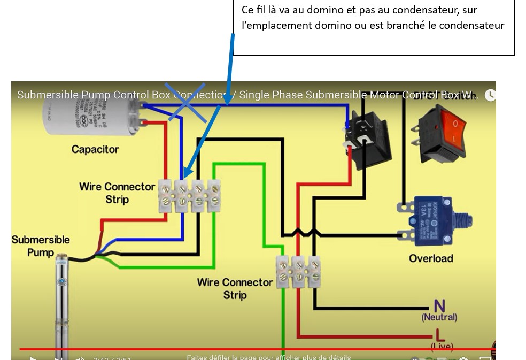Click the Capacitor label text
click(x=95, y=149)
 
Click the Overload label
click(x=431, y=258)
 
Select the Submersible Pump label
click(x=41, y=246)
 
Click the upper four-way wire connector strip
click(x=190, y=196)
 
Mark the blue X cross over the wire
click(x=185, y=102)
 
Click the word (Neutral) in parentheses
click(x=439, y=317)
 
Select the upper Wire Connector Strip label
click(x=117, y=193)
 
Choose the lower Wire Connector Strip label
click(x=235, y=288)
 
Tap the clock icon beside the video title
click(x=490, y=95)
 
